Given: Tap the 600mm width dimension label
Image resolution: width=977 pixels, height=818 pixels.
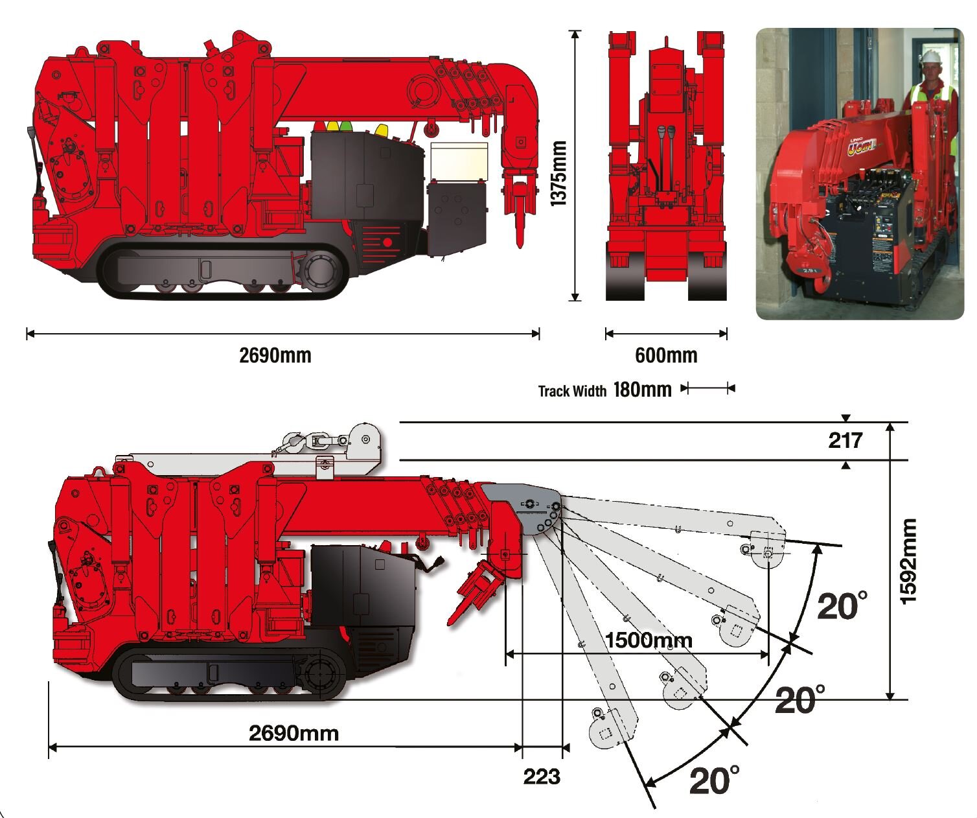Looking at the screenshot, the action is [666, 355].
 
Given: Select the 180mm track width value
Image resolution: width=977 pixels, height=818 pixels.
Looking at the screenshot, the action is [642, 390].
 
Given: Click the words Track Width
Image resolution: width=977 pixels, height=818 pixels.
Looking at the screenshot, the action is [572, 391].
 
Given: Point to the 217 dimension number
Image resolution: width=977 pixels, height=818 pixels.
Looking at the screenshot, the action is [845, 441].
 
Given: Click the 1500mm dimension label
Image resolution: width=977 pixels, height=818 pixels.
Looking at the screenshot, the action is [649, 640].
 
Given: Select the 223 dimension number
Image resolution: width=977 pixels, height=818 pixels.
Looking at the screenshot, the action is [542, 777].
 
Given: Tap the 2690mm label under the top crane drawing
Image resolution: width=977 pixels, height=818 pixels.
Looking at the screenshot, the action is [275, 355].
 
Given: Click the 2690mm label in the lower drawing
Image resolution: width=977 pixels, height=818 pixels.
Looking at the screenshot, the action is [293, 733].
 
